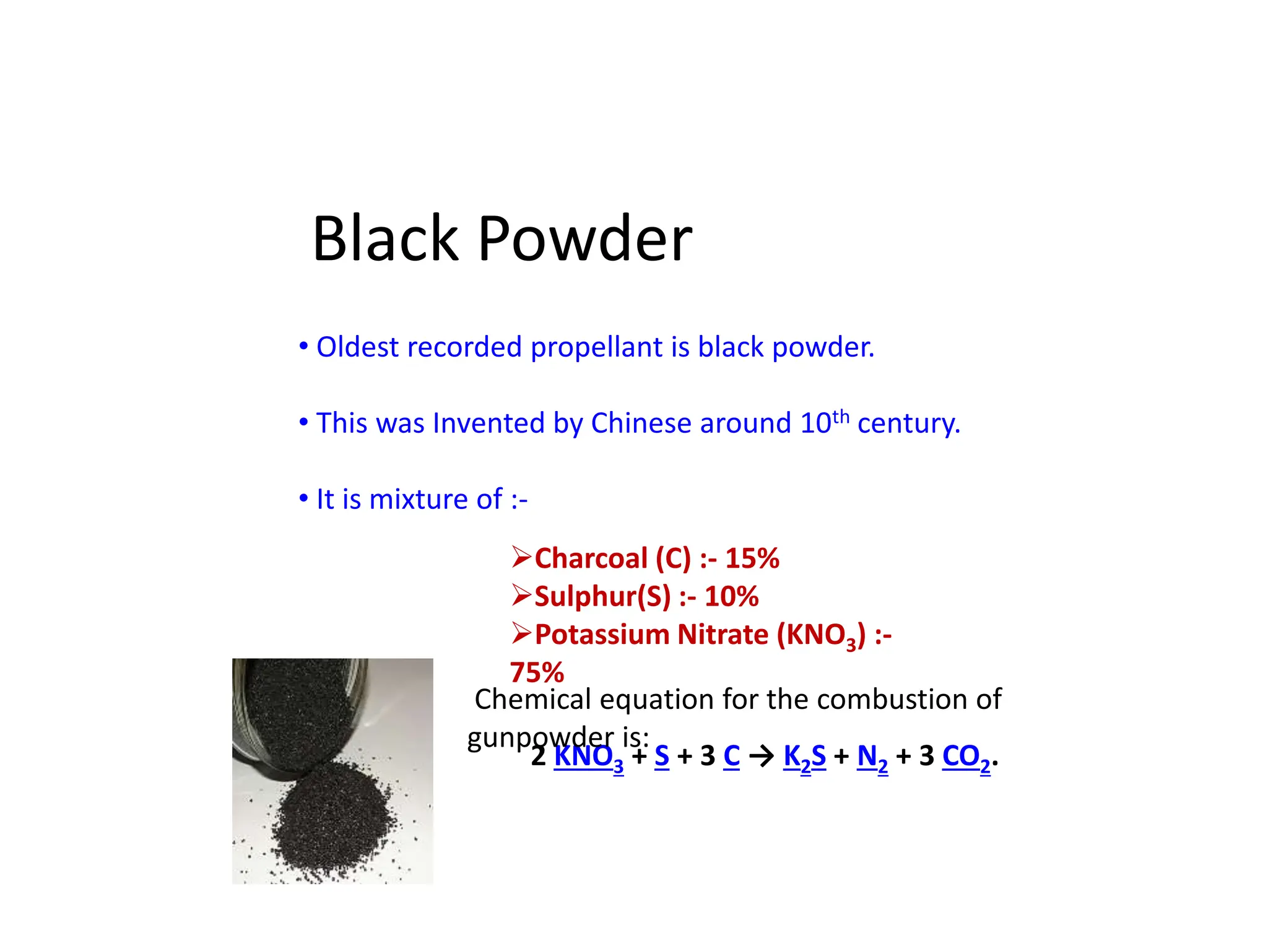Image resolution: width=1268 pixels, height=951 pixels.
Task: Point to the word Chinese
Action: click(641, 424)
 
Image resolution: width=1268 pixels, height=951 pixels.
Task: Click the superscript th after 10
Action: click(841, 416)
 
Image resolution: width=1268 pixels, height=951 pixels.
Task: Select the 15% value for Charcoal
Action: click(752, 558)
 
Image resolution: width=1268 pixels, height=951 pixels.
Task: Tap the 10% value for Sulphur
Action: click(731, 597)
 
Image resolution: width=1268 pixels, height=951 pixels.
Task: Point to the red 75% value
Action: click(537, 672)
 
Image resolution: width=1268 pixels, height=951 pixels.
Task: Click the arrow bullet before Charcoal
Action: click(521, 557)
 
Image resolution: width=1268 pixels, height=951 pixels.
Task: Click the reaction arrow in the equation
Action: click(762, 757)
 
